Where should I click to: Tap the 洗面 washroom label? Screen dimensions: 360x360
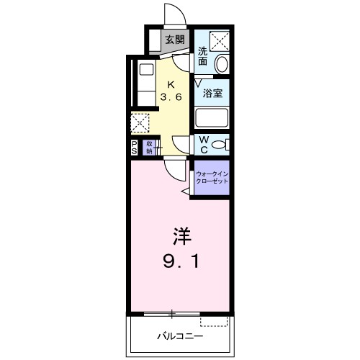click(x=204, y=56)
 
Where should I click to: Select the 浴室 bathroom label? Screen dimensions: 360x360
click(x=212, y=93)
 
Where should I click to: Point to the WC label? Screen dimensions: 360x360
click(x=204, y=143)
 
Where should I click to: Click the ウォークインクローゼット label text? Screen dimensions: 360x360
click(x=212, y=177)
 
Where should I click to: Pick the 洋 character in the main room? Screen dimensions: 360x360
click(x=181, y=236)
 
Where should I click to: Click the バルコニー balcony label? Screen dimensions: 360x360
click(x=181, y=336)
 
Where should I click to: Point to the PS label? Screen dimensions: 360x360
click(x=135, y=147)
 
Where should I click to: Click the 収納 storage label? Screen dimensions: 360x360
click(x=149, y=147)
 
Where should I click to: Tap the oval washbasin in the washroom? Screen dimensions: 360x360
click(x=222, y=63)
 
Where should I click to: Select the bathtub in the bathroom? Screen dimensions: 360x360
click(x=212, y=119)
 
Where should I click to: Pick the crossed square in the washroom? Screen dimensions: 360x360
click(x=219, y=40)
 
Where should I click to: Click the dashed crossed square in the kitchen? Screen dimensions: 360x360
click(x=140, y=124)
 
